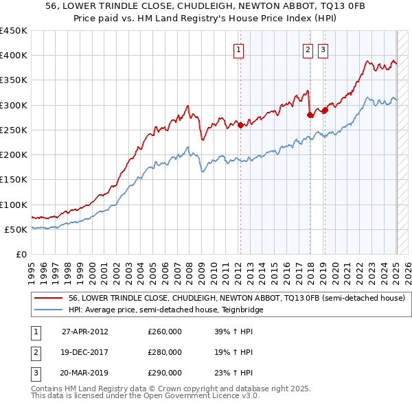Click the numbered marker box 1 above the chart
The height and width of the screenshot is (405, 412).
pyautogui.click(x=238, y=49)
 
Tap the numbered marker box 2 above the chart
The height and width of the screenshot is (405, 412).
pyautogui.click(x=308, y=49)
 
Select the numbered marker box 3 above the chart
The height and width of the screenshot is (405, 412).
pyautogui.click(x=322, y=49)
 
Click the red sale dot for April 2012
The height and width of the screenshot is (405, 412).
pyautogui.click(x=240, y=125)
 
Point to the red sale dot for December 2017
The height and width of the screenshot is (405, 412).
pyautogui.click(x=310, y=115)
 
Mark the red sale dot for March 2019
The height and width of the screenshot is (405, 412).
pyautogui.click(x=325, y=110)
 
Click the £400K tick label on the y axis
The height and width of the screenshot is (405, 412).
pyautogui.click(x=14, y=56)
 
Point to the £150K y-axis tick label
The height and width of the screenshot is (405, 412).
pyautogui.click(x=14, y=180)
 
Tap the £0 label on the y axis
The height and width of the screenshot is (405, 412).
pyautogui.click(x=21, y=255)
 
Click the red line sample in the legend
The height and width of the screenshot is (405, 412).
pyautogui.click(x=49, y=299)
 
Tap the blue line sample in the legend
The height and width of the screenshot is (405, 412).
pyautogui.click(x=49, y=310)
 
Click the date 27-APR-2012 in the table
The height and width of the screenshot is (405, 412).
pyautogui.click(x=85, y=332)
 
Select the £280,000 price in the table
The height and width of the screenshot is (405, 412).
pyautogui.click(x=165, y=352)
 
